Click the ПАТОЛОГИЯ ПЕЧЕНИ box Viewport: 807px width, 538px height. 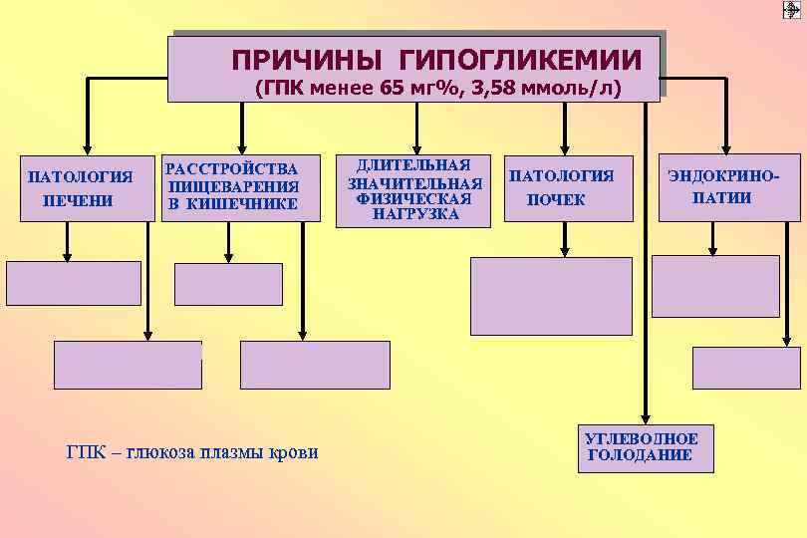coord(80,187)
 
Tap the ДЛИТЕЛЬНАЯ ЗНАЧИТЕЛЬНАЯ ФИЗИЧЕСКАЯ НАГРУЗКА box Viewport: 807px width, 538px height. coord(414,190)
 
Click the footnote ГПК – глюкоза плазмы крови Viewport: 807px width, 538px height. coord(192,452)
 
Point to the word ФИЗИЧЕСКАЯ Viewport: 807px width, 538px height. coord(415,198)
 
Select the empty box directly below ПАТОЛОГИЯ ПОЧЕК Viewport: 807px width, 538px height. coord(551,296)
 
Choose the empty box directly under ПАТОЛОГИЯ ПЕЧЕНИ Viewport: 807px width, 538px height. coord(74,283)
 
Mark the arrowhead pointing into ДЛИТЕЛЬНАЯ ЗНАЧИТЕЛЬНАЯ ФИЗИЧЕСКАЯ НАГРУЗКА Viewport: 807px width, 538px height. coord(416,145)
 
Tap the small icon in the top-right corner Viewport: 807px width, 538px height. coord(792,10)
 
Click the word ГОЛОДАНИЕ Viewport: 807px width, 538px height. coord(639,455)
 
